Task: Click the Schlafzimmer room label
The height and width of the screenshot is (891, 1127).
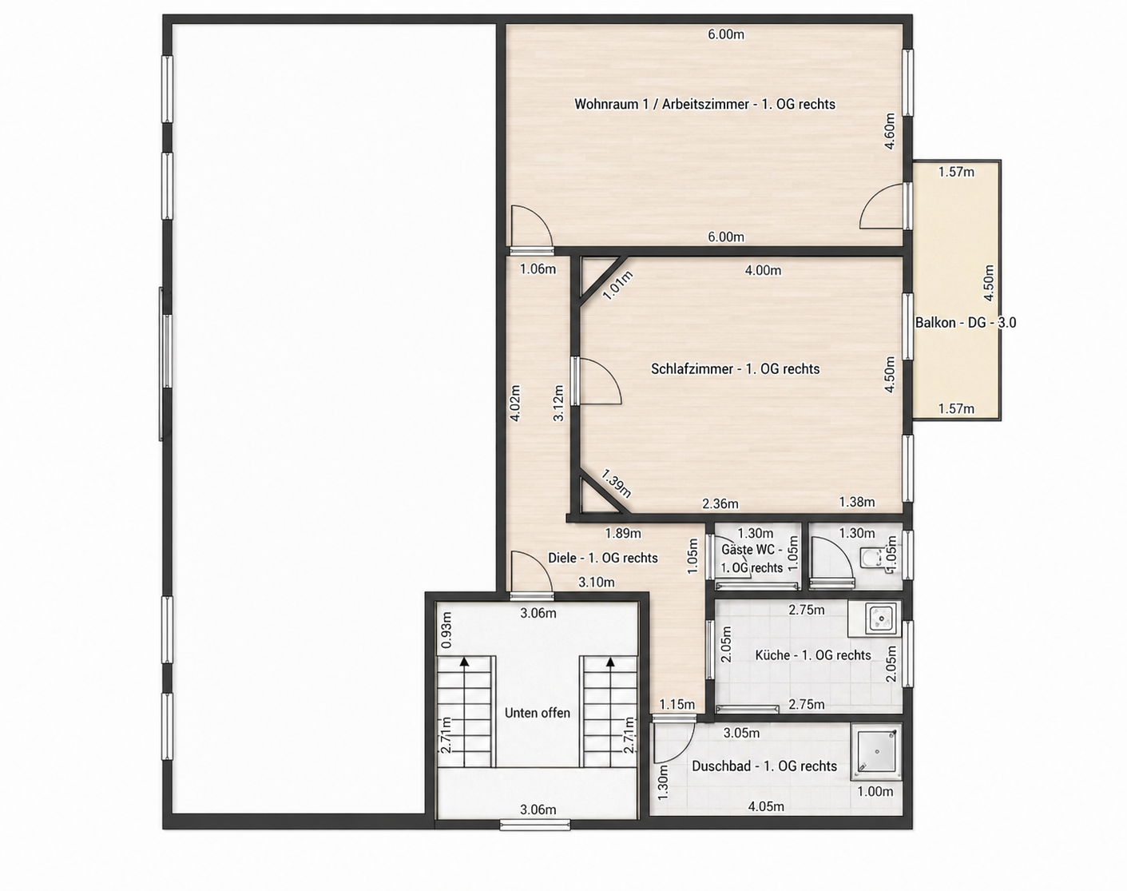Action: [735, 369]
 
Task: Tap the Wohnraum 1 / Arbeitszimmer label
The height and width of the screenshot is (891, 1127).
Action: [705, 105]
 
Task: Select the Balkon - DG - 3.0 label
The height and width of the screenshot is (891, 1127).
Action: [965, 323]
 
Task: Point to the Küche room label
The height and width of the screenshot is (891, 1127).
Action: [813, 655]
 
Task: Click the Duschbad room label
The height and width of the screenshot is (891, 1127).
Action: [764, 766]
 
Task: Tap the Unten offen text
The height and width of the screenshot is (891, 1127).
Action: [538, 713]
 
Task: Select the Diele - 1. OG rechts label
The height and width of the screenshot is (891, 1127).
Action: [603, 559]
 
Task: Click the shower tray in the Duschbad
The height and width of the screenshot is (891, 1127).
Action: [876, 750]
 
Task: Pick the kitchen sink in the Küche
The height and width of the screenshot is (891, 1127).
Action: [882, 619]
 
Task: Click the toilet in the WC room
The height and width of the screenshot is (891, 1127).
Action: [871, 559]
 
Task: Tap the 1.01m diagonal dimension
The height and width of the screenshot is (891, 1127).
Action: [618, 285]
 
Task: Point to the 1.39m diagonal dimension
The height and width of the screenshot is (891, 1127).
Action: [616, 483]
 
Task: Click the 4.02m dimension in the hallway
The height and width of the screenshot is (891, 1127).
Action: [515, 403]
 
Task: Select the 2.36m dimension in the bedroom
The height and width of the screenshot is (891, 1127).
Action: [720, 503]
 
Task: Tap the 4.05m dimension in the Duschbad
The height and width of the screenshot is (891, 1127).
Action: [766, 806]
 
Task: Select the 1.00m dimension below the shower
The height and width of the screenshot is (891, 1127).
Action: [875, 791]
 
